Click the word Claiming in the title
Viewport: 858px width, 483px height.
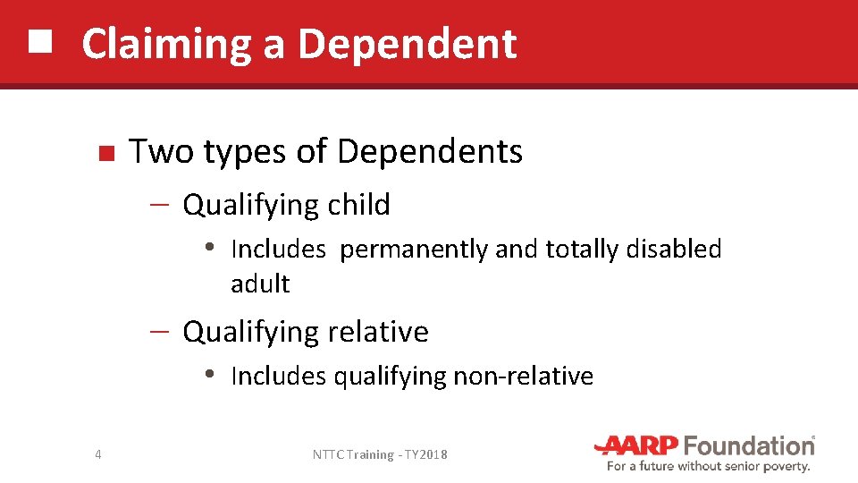pyautogui.click(x=166, y=44)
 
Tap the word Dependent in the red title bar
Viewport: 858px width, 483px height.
pyautogui.click(x=407, y=44)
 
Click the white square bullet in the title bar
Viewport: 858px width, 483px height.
pyautogui.click(x=40, y=41)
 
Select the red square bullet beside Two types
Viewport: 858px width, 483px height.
pyautogui.click(x=105, y=154)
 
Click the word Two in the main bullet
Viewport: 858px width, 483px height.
pyautogui.click(x=162, y=152)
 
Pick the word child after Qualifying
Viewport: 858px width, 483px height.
pyautogui.click(x=358, y=205)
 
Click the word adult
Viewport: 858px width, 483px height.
pyautogui.click(x=260, y=284)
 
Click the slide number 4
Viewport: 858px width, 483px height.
pyautogui.click(x=97, y=455)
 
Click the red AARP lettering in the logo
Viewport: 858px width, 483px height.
pyautogui.click(x=639, y=445)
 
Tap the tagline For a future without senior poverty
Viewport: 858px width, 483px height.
pyautogui.click(x=709, y=466)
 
